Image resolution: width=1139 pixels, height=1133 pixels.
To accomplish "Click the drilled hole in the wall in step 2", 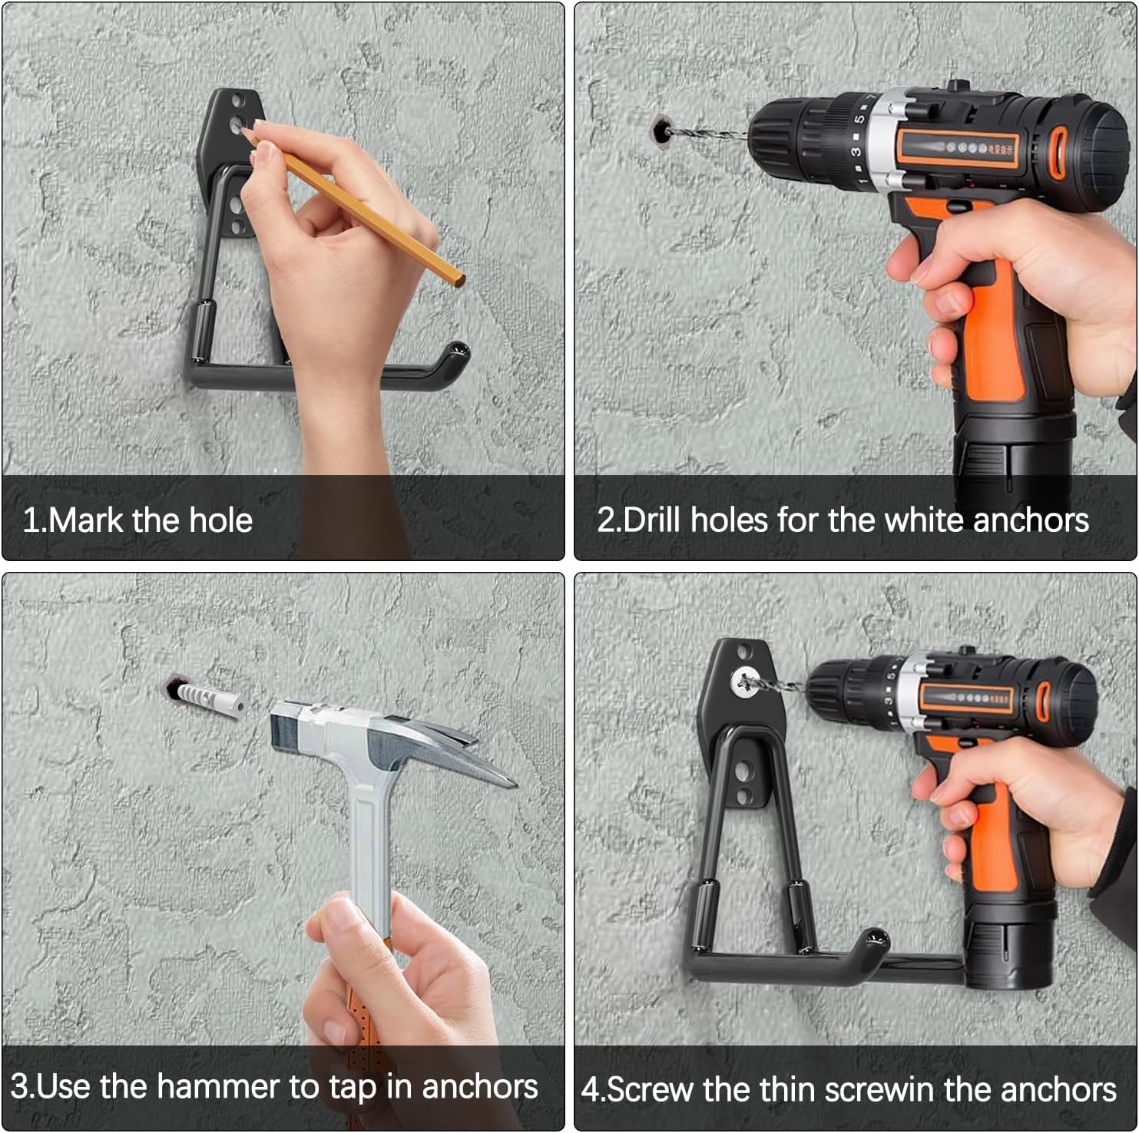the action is pos(661,130).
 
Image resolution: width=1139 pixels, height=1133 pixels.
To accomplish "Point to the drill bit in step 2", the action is pos(707,136).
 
